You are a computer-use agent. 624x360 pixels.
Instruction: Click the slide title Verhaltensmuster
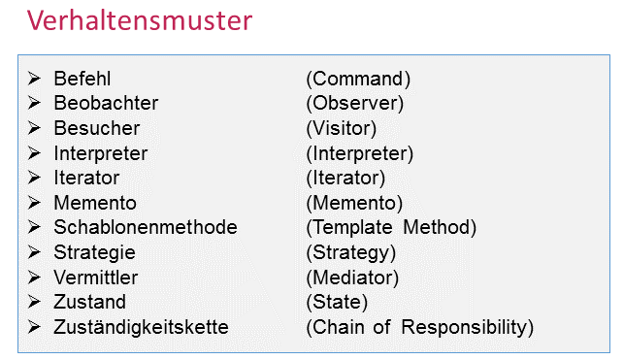tap(140, 20)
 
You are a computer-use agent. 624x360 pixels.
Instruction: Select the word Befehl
tap(82, 79)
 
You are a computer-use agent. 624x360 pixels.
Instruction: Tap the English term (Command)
tap(358, 79)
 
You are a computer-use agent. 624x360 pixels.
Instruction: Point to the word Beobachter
tap(106, 103)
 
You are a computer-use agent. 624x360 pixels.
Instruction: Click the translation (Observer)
tap(355, 104)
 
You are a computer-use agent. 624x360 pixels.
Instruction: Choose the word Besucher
tap(97, 128)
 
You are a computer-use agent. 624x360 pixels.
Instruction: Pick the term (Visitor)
tap(342, 128)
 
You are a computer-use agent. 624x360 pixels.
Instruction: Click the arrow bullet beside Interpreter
tap(34, 152)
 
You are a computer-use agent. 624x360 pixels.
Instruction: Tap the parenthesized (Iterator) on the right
tap(345, 179)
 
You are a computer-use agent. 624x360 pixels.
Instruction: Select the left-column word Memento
tap(95, 203)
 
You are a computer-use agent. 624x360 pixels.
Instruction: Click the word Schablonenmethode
tap(146, 227)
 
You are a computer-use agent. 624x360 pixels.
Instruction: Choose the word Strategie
tap(95, 252)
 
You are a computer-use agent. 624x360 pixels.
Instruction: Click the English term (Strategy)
tap(351, 253)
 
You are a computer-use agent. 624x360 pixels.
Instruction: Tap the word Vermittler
tap(96, 278)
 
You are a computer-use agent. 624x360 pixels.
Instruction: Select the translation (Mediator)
tap(352, 278)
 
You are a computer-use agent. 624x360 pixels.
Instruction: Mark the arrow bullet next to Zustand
tap(34, 302)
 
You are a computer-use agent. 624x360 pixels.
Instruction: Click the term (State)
tap(337, 303)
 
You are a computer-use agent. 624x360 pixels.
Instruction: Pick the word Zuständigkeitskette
tap(142, 327)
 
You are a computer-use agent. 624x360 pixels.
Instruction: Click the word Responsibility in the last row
tap(464, 327)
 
